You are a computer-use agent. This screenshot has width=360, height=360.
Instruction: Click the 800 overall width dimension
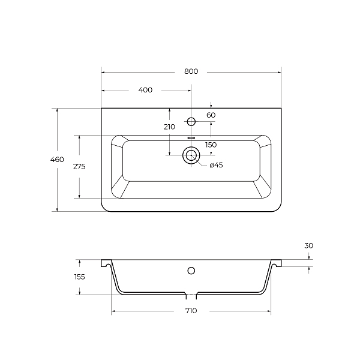click(191, 71)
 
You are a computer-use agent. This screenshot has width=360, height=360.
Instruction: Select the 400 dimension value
click(145, 90)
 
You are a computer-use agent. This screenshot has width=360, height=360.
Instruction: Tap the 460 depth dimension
click(57, 160)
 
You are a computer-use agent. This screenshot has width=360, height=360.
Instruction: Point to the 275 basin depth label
click(79, 166)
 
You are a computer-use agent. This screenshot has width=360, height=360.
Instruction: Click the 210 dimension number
click(169, 127)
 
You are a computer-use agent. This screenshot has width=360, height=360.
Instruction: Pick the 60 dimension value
click(211, 115)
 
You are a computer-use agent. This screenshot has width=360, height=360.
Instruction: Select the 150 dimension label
click(211, 145)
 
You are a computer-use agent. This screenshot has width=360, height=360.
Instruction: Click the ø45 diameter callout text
click(216, 165)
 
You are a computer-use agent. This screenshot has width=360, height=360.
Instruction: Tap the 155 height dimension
click(80, 277)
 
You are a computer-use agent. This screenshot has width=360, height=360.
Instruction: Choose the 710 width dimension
click(191, 311)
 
